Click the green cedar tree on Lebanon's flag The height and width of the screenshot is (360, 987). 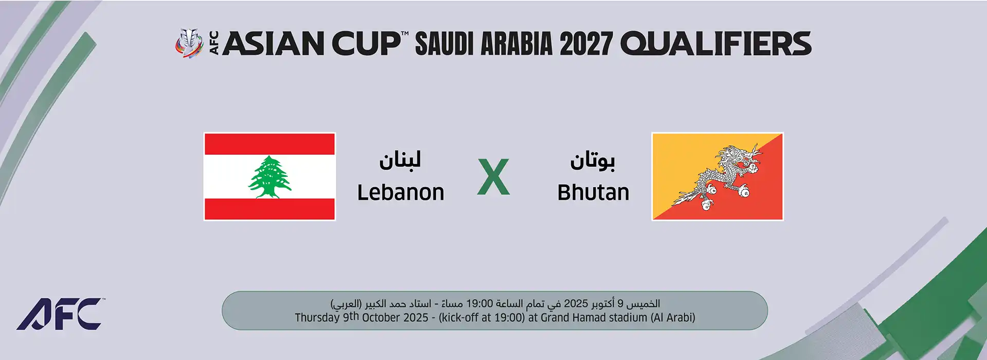pos(270,177)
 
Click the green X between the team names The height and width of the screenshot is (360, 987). pos(493,177)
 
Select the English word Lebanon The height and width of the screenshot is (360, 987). pos(401,193)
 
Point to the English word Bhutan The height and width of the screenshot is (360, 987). pos(593,193)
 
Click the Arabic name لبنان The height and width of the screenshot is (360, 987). pos(400,159)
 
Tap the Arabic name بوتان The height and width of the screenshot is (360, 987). pos(592,160)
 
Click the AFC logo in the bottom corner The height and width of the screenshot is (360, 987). pos(61,314)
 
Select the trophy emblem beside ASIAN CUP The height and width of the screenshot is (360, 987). pos(190,43)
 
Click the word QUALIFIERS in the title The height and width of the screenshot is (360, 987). pos(716,43)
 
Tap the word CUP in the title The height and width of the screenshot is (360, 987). pos(366,43)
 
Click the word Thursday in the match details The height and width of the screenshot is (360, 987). pos(317,318)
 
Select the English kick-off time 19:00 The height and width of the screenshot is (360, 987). pos(508,318)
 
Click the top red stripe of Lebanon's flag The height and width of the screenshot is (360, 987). pos(270,144)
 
